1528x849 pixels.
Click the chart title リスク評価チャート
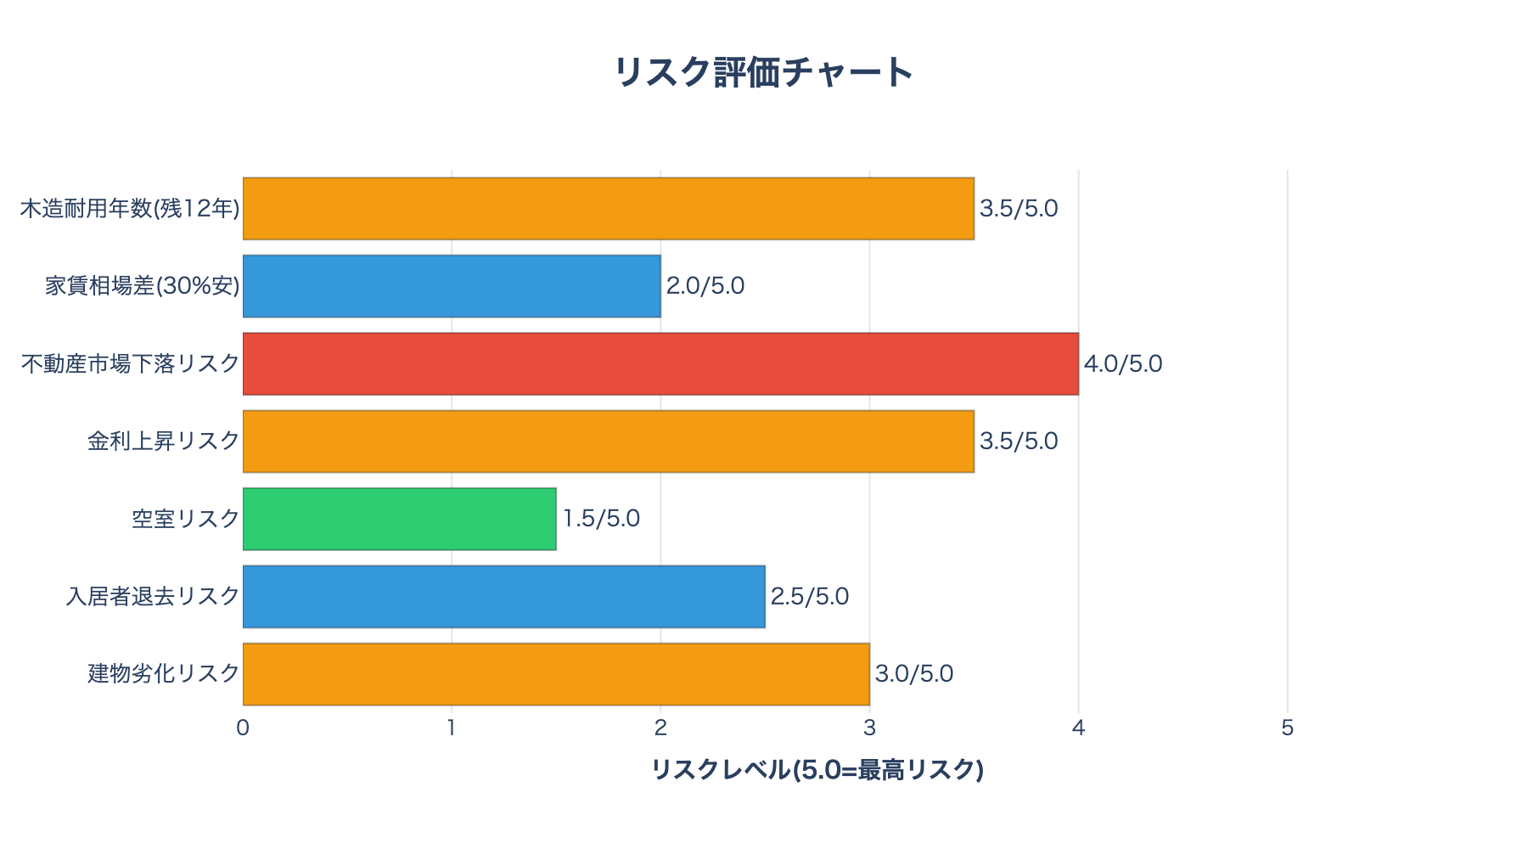[x=763, y=72]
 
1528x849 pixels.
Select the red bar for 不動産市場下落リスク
[x=660, y=363]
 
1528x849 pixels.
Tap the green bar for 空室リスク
[x=399, y=519]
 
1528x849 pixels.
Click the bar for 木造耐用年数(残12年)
[x=608, y=209]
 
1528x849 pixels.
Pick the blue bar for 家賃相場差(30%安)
[x=452, y=286]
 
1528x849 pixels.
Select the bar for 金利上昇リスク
[x=608, y=441]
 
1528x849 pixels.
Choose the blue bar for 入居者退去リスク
[x=503, y=596]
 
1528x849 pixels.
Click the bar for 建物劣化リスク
[x=556, y=674]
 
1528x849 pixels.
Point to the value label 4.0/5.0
[x=1123, y=364]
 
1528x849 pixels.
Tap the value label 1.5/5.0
[x=601, y=519]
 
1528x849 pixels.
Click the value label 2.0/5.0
[x=705, y=286]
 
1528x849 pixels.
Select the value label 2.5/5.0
[x=810, y=596]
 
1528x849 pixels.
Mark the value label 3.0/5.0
[x=914, y=674]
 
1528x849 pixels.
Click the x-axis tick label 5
[x=1287, y=728]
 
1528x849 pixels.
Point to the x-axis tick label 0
[x=243, y=728]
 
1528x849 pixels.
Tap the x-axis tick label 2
[x=660, y=728]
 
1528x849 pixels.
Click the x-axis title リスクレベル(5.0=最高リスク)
[x=817, y=769]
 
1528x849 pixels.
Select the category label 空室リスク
[x=186, y=519]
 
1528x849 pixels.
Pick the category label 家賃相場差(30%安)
[x=143, y=286]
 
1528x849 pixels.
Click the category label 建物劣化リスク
[x=164, y=674]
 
